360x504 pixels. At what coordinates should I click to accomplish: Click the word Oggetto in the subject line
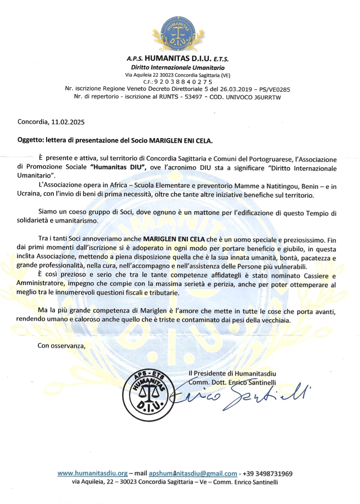coord(30,141)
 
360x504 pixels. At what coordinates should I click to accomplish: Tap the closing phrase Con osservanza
coord(62,345)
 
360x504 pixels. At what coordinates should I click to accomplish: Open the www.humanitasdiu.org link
coord(92,474)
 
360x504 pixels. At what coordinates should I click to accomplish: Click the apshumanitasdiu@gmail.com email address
coord(193,474)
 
